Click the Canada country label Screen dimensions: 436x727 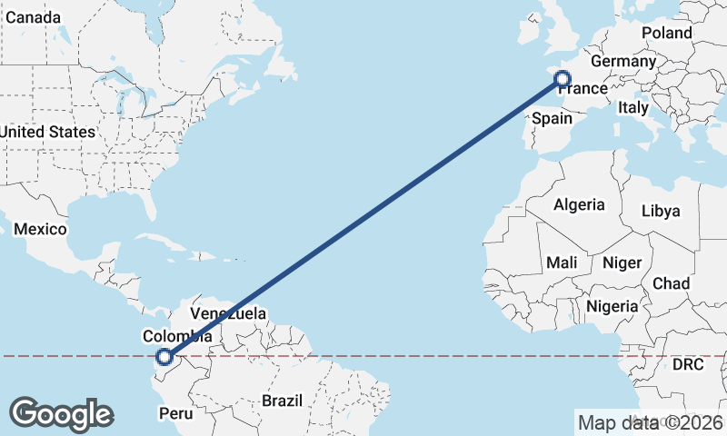point(32,18)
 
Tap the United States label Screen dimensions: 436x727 point(47,132)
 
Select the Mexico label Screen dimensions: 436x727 point(40,229)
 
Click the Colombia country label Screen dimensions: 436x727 point(177,336)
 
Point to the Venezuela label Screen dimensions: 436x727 point(228,313)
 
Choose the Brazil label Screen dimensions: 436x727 point(281,400)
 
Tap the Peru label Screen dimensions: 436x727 point(177,413)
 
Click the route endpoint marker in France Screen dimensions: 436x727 point(563,80)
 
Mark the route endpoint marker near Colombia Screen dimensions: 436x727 point(164,357)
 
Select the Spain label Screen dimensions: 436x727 point(553,118)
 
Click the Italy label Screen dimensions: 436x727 point(632,107)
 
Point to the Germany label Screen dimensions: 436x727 point(622,62)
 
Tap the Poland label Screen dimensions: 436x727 point(666,33)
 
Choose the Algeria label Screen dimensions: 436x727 point(579,204)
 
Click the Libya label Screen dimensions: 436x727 point(661,211)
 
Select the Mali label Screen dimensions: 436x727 point(562,263)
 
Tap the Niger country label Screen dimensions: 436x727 point(622,263)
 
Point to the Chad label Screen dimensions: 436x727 point(672,283)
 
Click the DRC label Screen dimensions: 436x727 point(687,365)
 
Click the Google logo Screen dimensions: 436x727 point(61,413)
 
